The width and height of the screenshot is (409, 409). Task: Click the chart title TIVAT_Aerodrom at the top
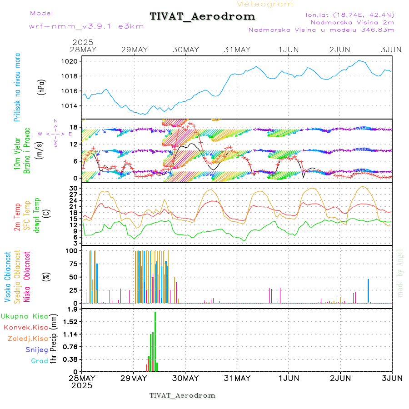tap(202, 16)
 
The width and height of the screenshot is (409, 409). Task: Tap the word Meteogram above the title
tap(264, 4)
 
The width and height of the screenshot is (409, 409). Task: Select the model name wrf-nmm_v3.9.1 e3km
tap(86, 26)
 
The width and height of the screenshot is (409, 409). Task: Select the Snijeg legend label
tap(37, 349)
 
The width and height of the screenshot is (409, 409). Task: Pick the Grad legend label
tap(40, 361)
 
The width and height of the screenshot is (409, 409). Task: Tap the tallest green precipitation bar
tap(155, 341)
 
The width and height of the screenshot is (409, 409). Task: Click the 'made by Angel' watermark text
tap(400, 273)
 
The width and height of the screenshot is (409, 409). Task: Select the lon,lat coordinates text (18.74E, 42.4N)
tap(350, 14)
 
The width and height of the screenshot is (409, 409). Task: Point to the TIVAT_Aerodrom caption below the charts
tap(182, 395)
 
